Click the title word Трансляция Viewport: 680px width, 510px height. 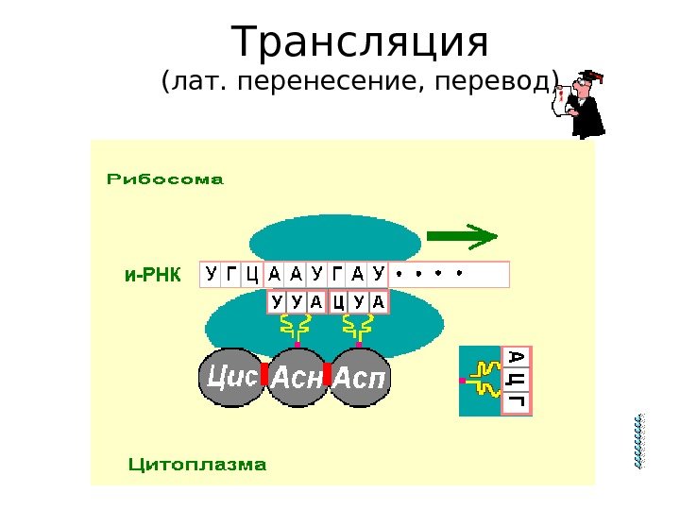click(x=362, y=42)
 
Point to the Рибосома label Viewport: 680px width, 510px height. click(x=165, y=178)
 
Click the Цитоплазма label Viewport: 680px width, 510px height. click(x=196, y=465)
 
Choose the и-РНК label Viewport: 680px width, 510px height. click(x=150, y=275)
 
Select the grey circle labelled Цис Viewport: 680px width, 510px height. click(x=230, y=378)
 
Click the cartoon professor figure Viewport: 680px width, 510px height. click(x=578, y=104)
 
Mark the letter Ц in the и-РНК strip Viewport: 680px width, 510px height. click(x=251, y=274)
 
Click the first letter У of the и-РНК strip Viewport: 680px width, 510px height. click(x=210, y=274)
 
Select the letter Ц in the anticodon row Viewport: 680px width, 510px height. click(x=337, y=302)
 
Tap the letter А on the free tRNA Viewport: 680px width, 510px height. click(x=517, y=358)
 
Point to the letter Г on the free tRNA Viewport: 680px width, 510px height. click(x=517, y=402)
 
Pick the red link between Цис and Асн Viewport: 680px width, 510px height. click(x=265, y=374)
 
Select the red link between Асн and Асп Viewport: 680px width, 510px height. click(x=328, y=374)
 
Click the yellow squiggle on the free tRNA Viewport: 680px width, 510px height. click(x=484, y=380)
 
